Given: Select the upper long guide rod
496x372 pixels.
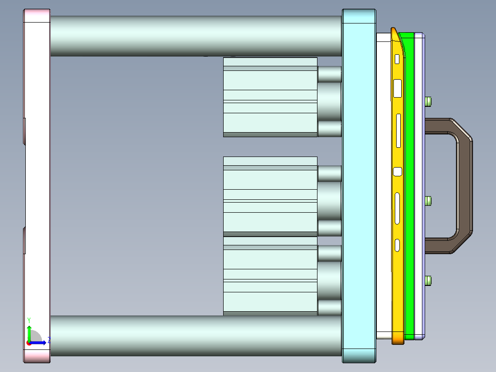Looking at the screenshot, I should (x=196, y=36).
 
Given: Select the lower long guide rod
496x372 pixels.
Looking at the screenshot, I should (x=196, y=335).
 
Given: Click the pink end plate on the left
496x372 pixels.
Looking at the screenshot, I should (x=37, y=184).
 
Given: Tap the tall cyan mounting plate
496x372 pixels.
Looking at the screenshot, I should (x=359, y=184).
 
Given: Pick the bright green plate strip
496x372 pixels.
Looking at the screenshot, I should (x=409, y=184).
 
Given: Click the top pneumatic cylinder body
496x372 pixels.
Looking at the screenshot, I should (x=270, y=97).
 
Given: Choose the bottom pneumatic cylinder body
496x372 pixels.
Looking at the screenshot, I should (x=270, y=276).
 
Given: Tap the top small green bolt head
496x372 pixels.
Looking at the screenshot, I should (x=429, y=101).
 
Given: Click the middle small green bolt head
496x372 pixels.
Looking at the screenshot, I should (x=429, y=201).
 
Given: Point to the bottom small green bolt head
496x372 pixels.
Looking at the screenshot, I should (x=429, y=280).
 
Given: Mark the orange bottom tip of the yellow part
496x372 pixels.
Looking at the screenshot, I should (x=398, y=340).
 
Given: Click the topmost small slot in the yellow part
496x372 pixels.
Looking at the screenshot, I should (x=397, y=59).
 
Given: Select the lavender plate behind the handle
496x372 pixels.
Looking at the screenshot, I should (x=419, y=184).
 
